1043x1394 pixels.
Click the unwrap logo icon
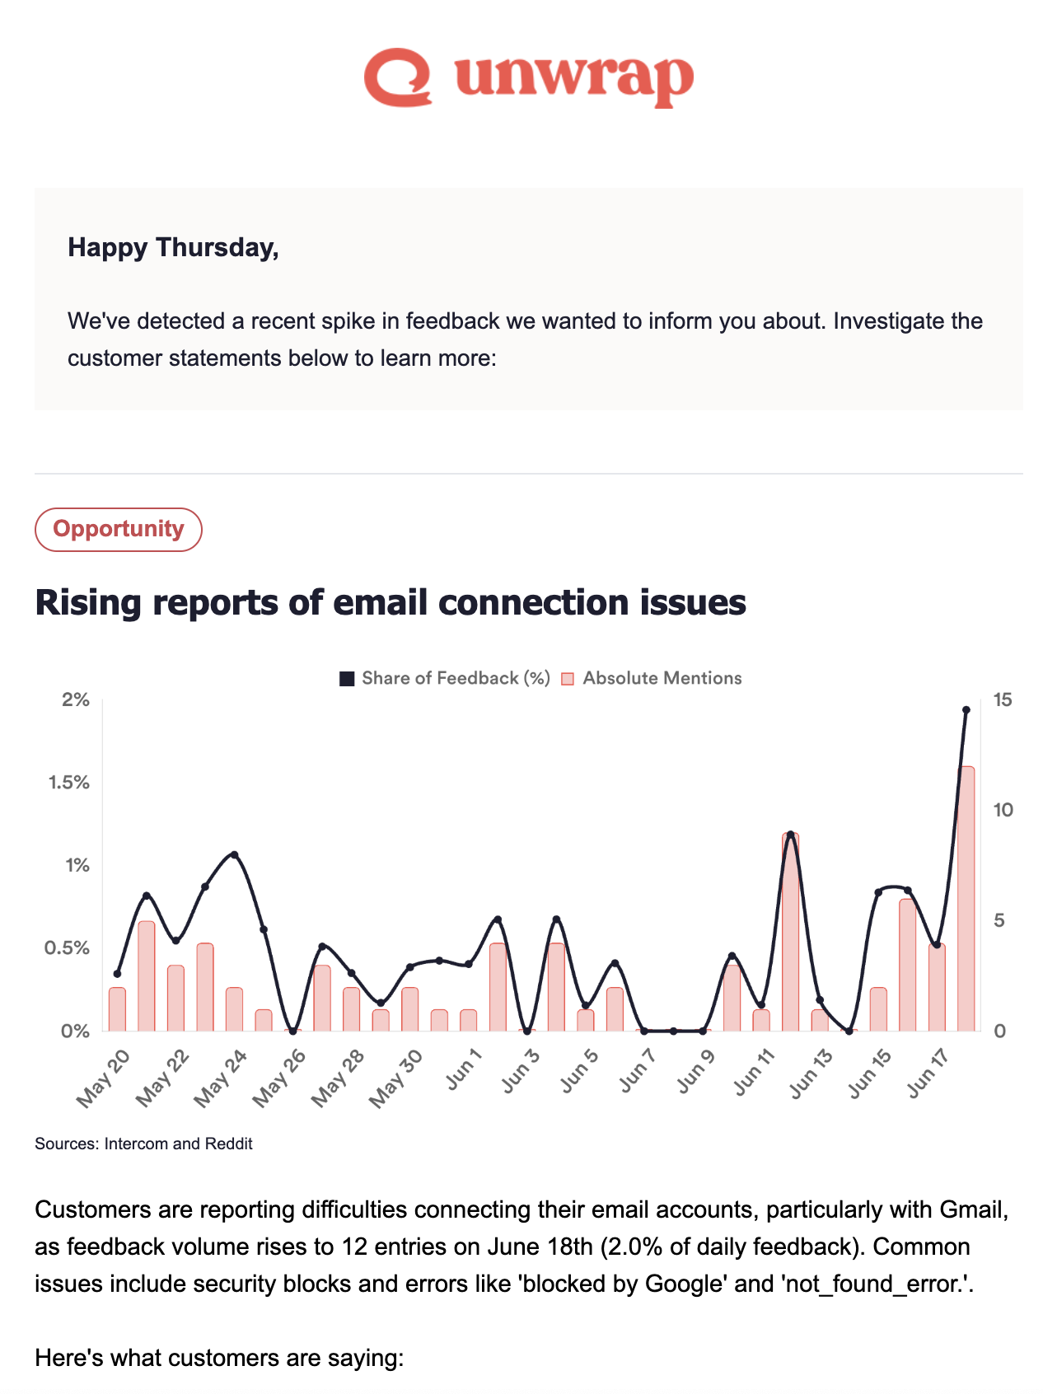click(398, 77)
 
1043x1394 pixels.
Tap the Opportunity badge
click(119, 529)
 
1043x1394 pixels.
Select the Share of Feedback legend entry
click(445, 678)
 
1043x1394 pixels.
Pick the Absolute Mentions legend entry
click(652, 678)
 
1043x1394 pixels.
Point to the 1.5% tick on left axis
click(70, 783)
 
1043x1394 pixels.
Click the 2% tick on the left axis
click(76, 700)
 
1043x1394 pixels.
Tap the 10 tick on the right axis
click(1003, 810)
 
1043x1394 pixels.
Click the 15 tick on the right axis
click(1003, 700)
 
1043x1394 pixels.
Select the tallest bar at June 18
click(966, 898)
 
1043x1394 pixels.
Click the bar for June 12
click(791, 931)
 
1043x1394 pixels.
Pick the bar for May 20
click(117, 1009)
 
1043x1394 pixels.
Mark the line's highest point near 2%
click(966, 709)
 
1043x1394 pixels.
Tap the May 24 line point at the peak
click(234, 854)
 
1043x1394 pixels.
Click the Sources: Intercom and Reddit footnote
click(143, 1144)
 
